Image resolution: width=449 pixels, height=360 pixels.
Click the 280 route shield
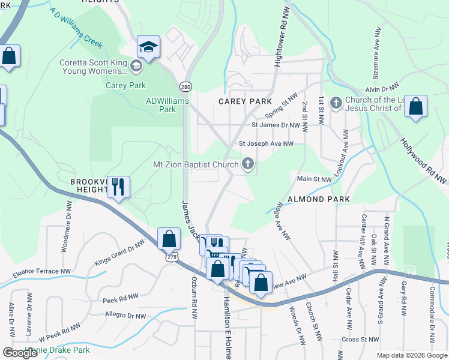point(187,86)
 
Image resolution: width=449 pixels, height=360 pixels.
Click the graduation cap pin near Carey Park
point(148,47)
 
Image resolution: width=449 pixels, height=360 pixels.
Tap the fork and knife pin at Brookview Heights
point(118,187)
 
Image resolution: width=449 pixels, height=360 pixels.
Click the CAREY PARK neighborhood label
point(245,101)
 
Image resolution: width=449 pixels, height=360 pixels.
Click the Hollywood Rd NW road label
point(424,160)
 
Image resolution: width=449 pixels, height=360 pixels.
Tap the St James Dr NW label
point(275,125)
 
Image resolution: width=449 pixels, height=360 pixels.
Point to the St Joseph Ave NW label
point(266,144)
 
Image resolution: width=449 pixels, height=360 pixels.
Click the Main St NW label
point(314,179)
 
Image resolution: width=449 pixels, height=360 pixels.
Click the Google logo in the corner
point(20,353)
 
